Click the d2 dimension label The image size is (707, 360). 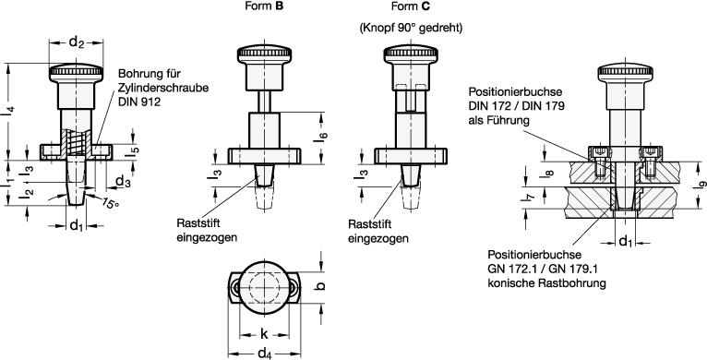click(x=77, y=42)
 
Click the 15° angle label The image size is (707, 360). click(x=111, y=203)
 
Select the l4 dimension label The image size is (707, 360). click(x=10, y=112)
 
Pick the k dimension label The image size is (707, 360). click(x=264, y=334)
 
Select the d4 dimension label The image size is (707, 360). click(x=265, y=353)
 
